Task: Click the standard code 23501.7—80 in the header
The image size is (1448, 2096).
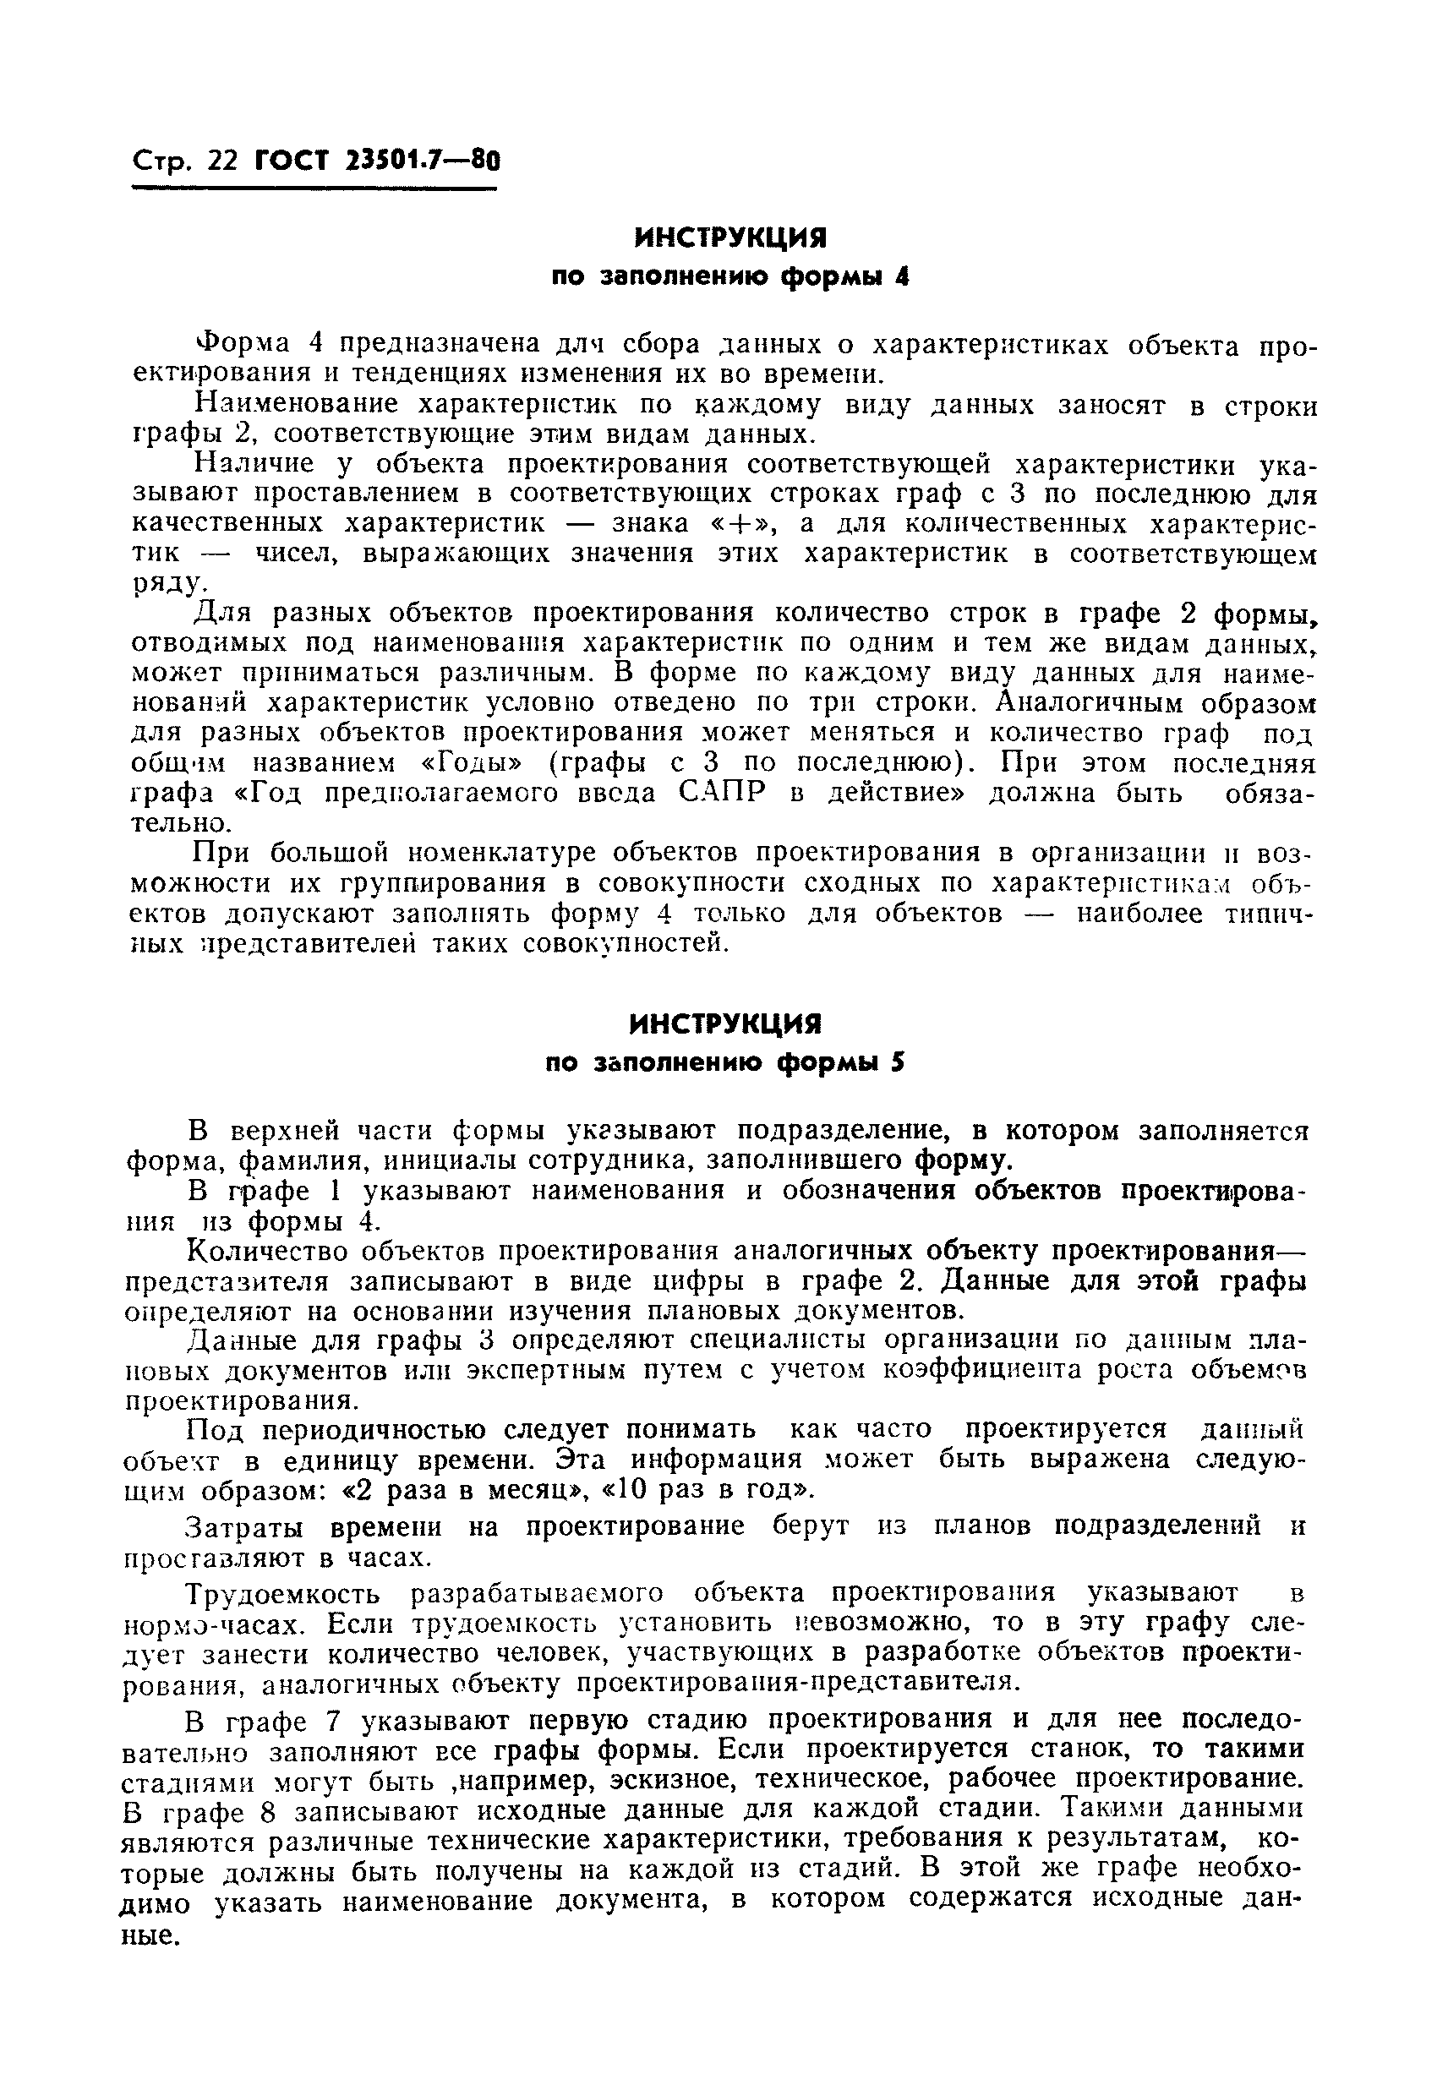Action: (x=422, y=161)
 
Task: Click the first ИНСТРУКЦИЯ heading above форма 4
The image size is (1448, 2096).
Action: (x=730, y=237)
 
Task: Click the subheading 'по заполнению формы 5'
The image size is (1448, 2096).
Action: (x=726, y=1064)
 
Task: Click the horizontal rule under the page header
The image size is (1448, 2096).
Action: (x=314, y=188)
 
